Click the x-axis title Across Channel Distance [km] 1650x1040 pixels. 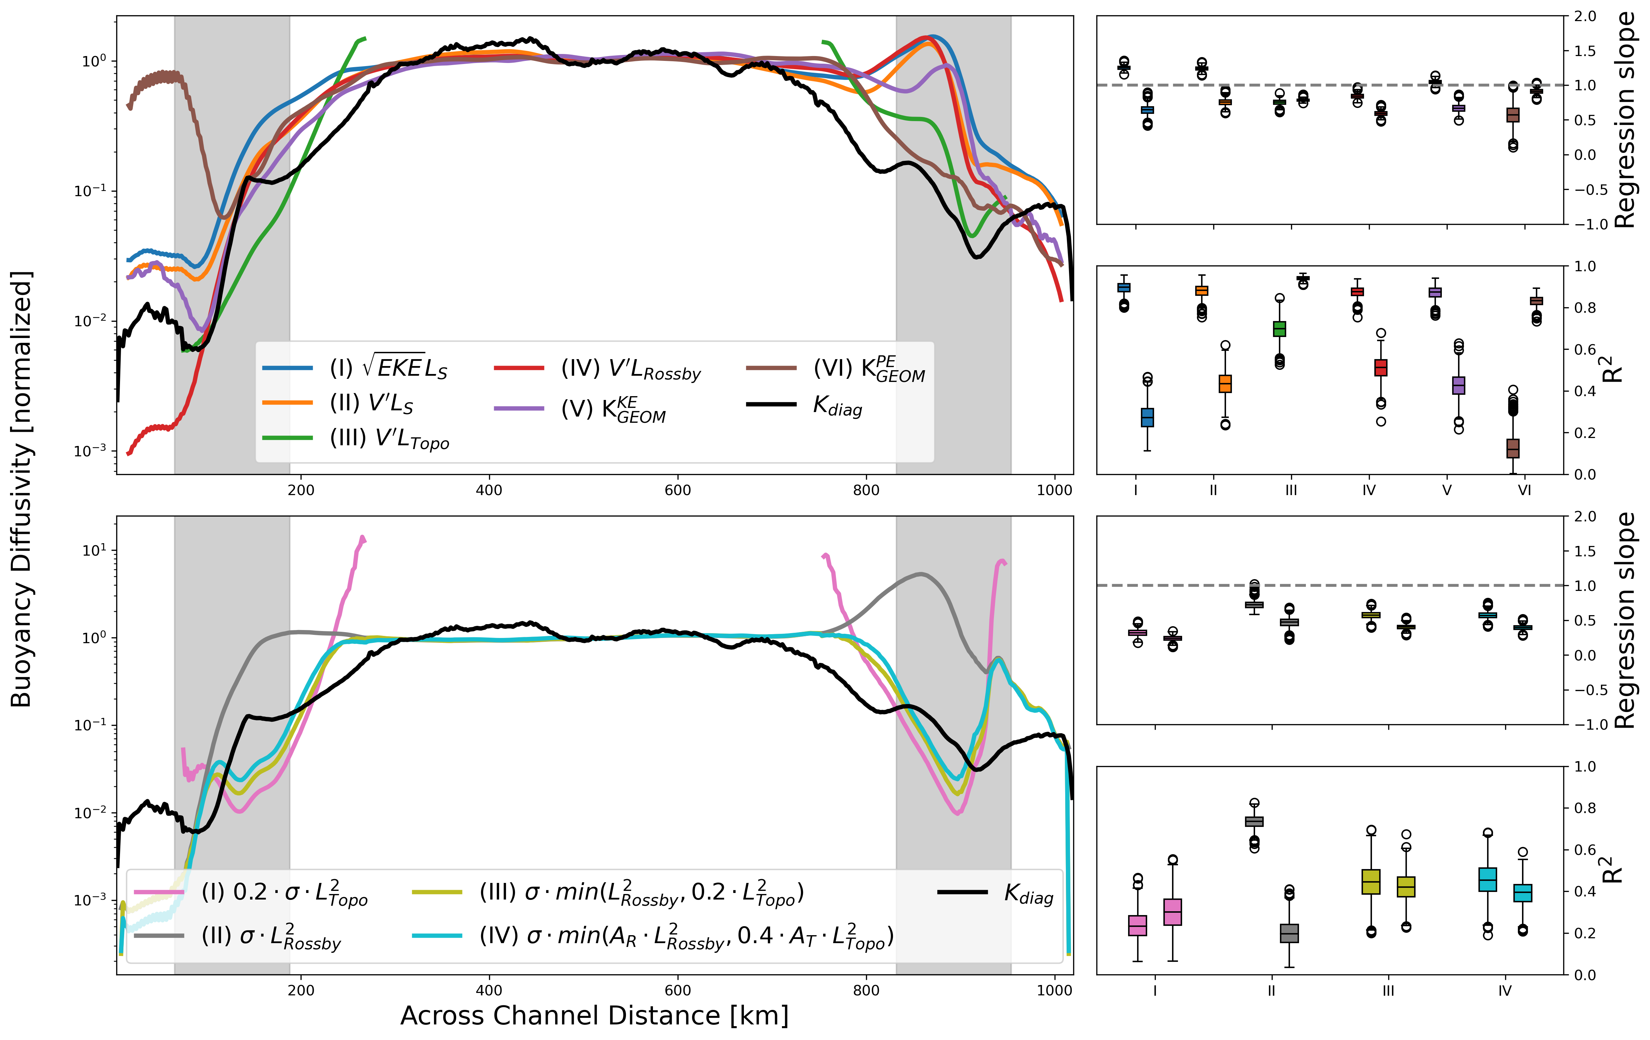tap(594, 1015)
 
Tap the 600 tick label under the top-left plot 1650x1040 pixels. tap(678, 490)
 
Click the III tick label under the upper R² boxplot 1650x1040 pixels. tap(1291, 490)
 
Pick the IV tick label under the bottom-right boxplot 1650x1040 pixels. tap(1505, 991)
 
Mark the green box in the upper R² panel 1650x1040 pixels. tap(1279, 329)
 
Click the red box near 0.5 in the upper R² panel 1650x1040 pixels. tap(1381, 367)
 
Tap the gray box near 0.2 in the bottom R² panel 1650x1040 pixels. tap(1290, 933)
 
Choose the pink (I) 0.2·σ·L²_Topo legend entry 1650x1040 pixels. tap(284, 893)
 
